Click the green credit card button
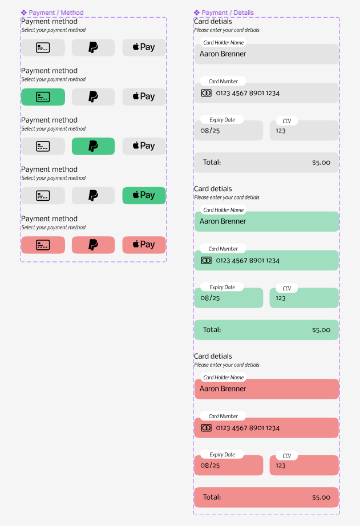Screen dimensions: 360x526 43,97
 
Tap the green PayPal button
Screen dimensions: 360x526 93,146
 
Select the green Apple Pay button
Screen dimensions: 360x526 144,196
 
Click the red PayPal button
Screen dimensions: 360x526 93,245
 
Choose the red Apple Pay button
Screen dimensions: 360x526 144,245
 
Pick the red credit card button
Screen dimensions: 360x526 43,245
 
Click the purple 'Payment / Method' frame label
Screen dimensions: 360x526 52,13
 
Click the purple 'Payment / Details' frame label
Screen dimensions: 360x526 224,13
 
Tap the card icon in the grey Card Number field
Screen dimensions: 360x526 207,93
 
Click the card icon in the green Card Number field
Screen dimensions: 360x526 207,260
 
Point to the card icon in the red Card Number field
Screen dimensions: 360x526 207,428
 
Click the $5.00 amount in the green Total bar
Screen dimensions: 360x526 321,330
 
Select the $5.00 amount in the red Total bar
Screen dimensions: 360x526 321,497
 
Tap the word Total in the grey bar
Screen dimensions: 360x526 212,163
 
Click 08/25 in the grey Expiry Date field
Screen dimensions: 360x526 210,131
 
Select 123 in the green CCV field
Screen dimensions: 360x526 281,298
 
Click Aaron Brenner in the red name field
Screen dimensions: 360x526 223,389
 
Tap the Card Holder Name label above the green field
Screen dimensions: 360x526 224,210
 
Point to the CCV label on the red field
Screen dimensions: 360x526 287,456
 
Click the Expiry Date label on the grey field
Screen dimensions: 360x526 222,120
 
